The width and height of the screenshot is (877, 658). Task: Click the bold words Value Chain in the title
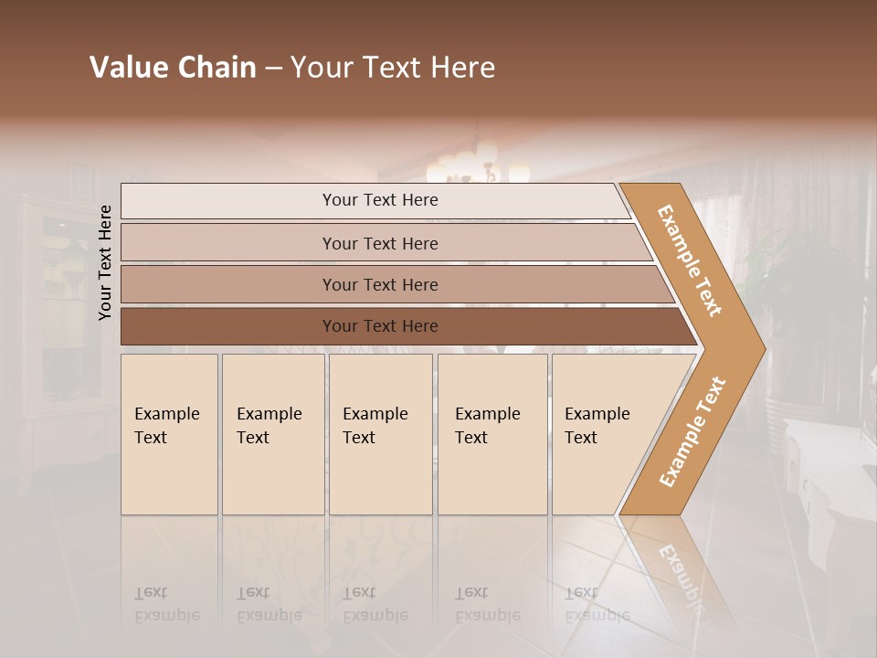(173, 68)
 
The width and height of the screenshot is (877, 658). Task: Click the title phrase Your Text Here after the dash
(393, 68)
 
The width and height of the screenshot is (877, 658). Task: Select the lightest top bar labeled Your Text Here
(379, 200)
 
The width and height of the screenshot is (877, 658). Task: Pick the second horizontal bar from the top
(379, 243)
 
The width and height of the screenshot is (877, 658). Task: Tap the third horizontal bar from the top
(379, 284)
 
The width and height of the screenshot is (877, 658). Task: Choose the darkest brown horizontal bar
(379, 326)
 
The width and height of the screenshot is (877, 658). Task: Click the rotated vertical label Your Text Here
(105, 262)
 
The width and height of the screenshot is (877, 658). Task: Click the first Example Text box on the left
(169, 433)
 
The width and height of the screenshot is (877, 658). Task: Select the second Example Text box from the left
(272, 433)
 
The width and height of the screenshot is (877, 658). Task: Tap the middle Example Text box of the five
(380, 433)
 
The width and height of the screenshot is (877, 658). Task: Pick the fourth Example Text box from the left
(491, 433)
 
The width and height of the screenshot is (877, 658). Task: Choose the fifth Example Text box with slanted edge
(603, 433)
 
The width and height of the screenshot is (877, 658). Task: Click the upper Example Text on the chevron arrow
(690, 260)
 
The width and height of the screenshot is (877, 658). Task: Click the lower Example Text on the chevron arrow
(692, 432)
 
